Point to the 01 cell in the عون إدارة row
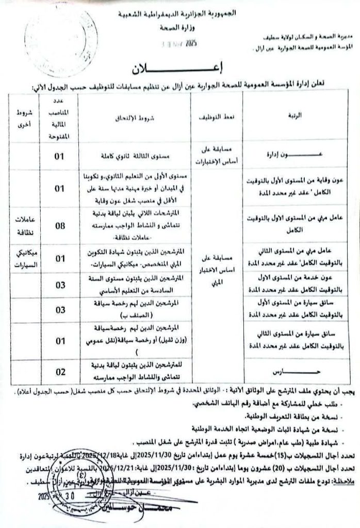[61, 153]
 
